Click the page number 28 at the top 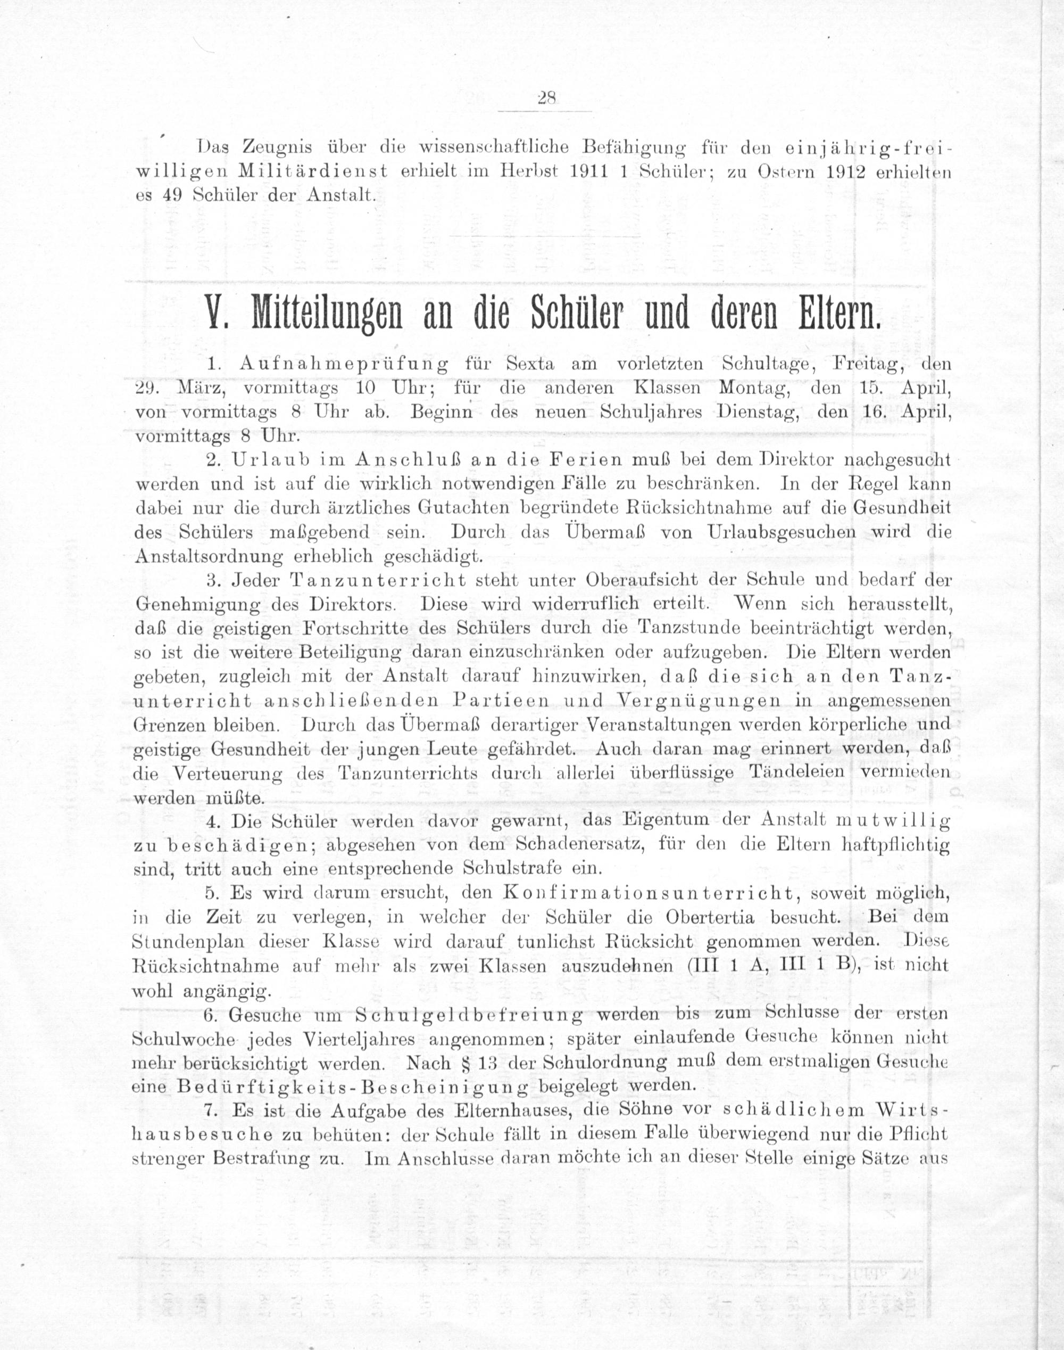click(x=546, y=98)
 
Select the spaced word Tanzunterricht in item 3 click(x=378, y=580)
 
